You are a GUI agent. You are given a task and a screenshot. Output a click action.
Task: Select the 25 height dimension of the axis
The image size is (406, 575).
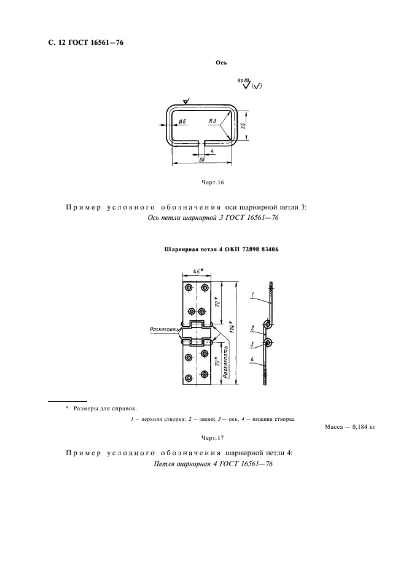pos(243,125)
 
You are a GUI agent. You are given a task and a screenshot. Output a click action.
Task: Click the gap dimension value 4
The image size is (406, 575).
pos(211,150)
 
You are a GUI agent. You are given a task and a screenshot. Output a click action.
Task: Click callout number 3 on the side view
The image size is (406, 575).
pos(252,343)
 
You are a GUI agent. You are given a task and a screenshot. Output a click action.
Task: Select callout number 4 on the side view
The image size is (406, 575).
pos(252,360)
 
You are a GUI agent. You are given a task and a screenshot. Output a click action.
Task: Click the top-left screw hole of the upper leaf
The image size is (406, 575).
pos(189,287)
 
